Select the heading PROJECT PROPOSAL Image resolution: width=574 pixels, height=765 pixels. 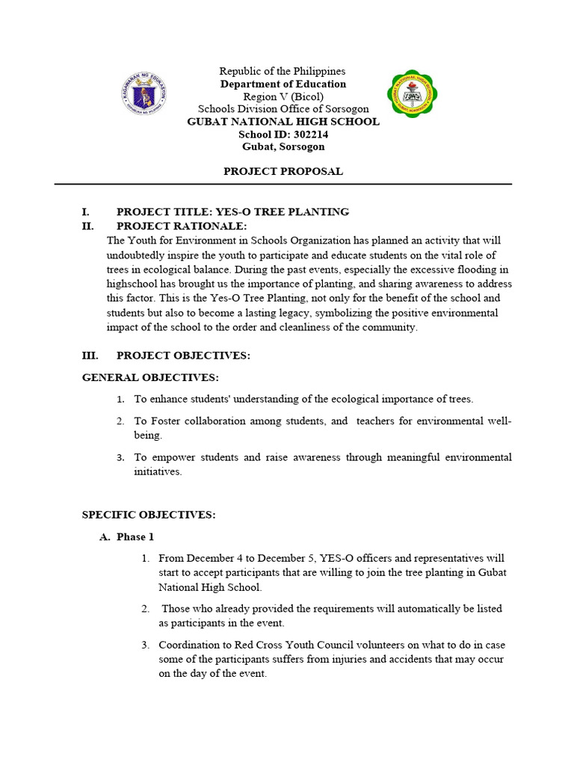tap(283, 171)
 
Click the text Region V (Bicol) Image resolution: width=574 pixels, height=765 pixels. tap(283, 96)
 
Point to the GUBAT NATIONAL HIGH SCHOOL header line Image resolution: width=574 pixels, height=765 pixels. tap(283, 122)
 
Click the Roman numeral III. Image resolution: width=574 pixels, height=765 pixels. tap(90, 356)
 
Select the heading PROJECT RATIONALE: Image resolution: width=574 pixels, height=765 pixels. tap(182, 226)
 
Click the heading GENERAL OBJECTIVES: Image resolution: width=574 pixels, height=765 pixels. tap(150, 378)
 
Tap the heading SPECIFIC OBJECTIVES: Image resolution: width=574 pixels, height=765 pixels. tap(149, 515)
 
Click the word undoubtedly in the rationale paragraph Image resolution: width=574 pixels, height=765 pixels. tap(138, 255)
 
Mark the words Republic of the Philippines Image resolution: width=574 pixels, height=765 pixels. tap(283, 71)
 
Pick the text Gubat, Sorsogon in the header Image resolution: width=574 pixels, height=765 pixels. tap(283, 147)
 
